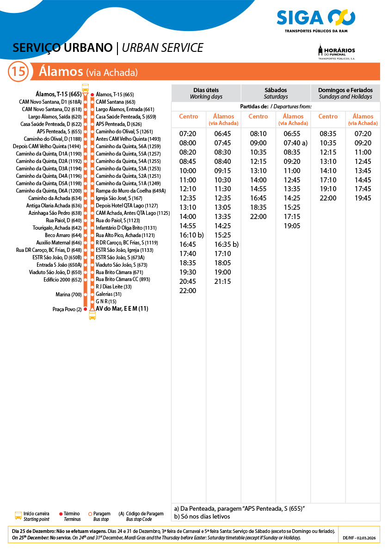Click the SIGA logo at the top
pos(316,19)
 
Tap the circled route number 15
pos(18,72)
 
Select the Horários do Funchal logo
pos(336,52)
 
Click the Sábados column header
pos(276,93)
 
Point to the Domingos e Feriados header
pos(345,93)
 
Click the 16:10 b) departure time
pos(191,235)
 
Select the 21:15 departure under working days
pos(223,282)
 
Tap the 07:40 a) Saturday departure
pos(295,143)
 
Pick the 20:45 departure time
pos(188,282)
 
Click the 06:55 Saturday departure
pos(292,134)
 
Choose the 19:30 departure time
pos(188,272)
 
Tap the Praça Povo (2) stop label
pos(67,309)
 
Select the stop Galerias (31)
pos(108,294)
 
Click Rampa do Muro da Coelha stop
pos(130,191)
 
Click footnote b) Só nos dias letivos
pos(202,516)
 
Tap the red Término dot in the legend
pos(61,514)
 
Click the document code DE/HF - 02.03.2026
pos(359,538)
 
